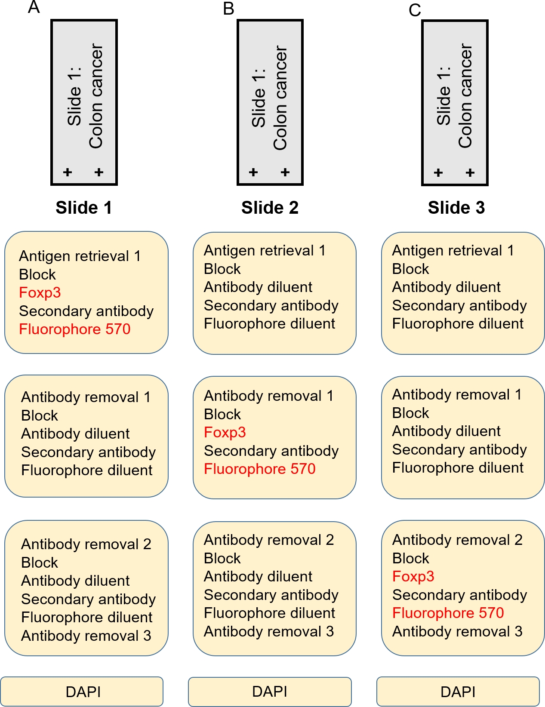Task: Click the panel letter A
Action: point(34,7)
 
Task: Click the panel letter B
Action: point(228,9)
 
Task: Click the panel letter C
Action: point(415,10)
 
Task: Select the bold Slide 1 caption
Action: point(84,207)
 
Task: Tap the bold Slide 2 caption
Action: point(270,207)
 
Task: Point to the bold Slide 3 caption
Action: point(456,207)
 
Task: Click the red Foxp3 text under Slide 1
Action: point(40,292)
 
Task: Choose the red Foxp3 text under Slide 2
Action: point(225,432)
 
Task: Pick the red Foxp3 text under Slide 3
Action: point(413,576)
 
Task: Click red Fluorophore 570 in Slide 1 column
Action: point(74,329)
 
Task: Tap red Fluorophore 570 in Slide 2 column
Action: point(260,469)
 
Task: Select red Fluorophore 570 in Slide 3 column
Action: point(448,613)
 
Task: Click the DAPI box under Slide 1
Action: point(82,692)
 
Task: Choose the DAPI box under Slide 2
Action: point(270,692)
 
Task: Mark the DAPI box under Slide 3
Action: point(458,692)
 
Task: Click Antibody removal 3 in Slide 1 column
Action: point(86,636)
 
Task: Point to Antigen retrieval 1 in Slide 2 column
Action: point(265,251)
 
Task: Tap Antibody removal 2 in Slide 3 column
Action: point(458,540)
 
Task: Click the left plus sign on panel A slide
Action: point(68,172)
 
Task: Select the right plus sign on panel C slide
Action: point(470,172)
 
